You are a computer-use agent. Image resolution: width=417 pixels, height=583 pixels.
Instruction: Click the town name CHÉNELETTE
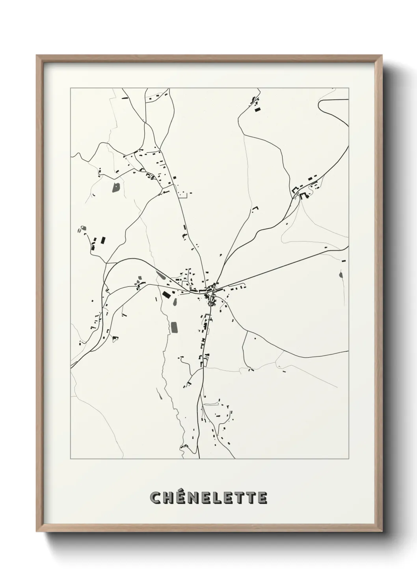208,498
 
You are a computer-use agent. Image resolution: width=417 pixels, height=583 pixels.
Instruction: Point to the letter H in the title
168,498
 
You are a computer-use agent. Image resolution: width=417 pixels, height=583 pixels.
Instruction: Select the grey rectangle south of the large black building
174,327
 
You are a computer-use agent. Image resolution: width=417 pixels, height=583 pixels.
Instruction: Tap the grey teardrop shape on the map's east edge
341,275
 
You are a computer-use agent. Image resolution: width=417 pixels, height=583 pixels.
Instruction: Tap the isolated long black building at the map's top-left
125,98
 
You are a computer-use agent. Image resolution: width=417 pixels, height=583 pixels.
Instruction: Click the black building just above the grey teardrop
344,260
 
